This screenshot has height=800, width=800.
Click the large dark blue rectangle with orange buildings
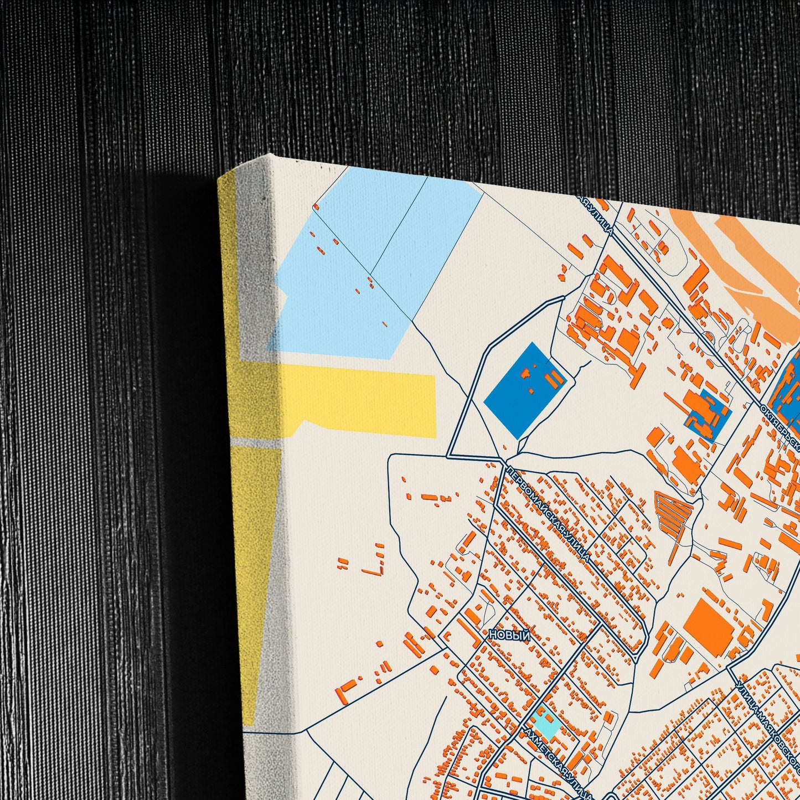point(524,390)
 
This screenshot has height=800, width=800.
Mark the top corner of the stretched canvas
point(270,155)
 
